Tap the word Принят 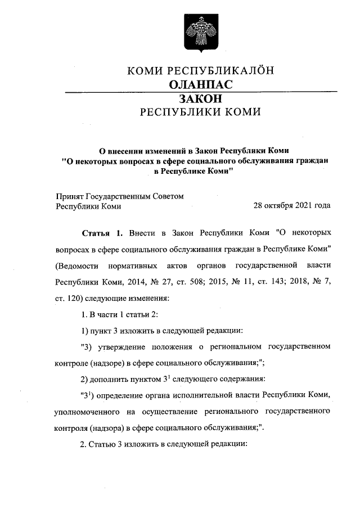click(69, 196)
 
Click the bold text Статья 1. click(102, 232)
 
